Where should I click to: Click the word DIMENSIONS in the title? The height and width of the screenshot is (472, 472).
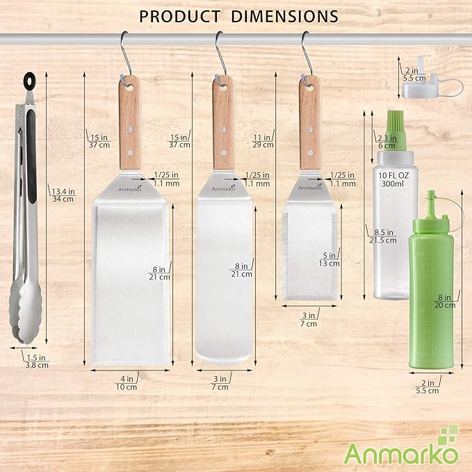pyautogui.click(x=285, y=16)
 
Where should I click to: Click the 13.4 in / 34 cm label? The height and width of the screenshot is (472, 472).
pyautogui.click(x=63, y=195)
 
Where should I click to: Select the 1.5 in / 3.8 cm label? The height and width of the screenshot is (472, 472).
pyautogui.click(x=37, y=361)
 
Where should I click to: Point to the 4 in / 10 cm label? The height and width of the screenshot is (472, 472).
pyautogui.click(x=127, y=382)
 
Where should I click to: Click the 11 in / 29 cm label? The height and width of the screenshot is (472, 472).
pyautogui.click(x=263, y=141)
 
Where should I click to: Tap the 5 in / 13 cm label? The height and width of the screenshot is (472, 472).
pyautogui.click(x=329, y=259)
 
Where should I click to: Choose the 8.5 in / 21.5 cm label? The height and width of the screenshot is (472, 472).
pyautogui.click(x=383, y=236)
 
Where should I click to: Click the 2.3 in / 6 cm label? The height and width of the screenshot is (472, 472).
pyautogui.click(x=386, y=142)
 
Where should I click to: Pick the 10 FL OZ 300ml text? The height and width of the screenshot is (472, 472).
pyautogui.click(x=393, y=179)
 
